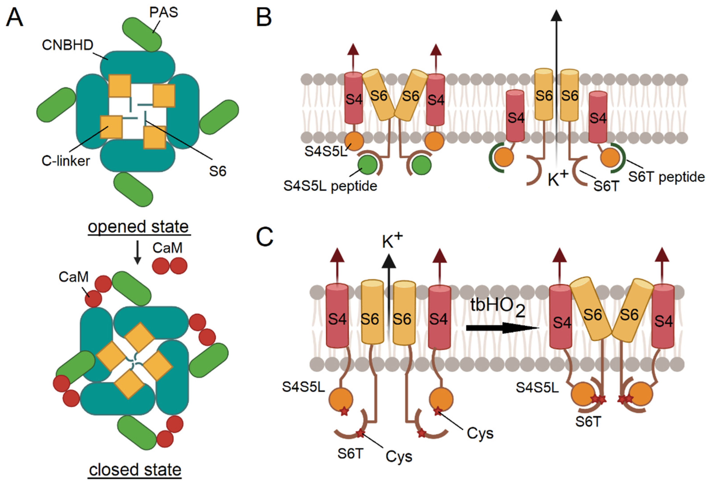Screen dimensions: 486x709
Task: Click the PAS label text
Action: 164,12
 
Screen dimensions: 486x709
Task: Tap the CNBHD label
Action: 67,45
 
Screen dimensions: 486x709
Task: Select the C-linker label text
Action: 66,161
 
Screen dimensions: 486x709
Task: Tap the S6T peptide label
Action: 666,177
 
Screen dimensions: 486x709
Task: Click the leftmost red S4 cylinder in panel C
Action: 337,316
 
